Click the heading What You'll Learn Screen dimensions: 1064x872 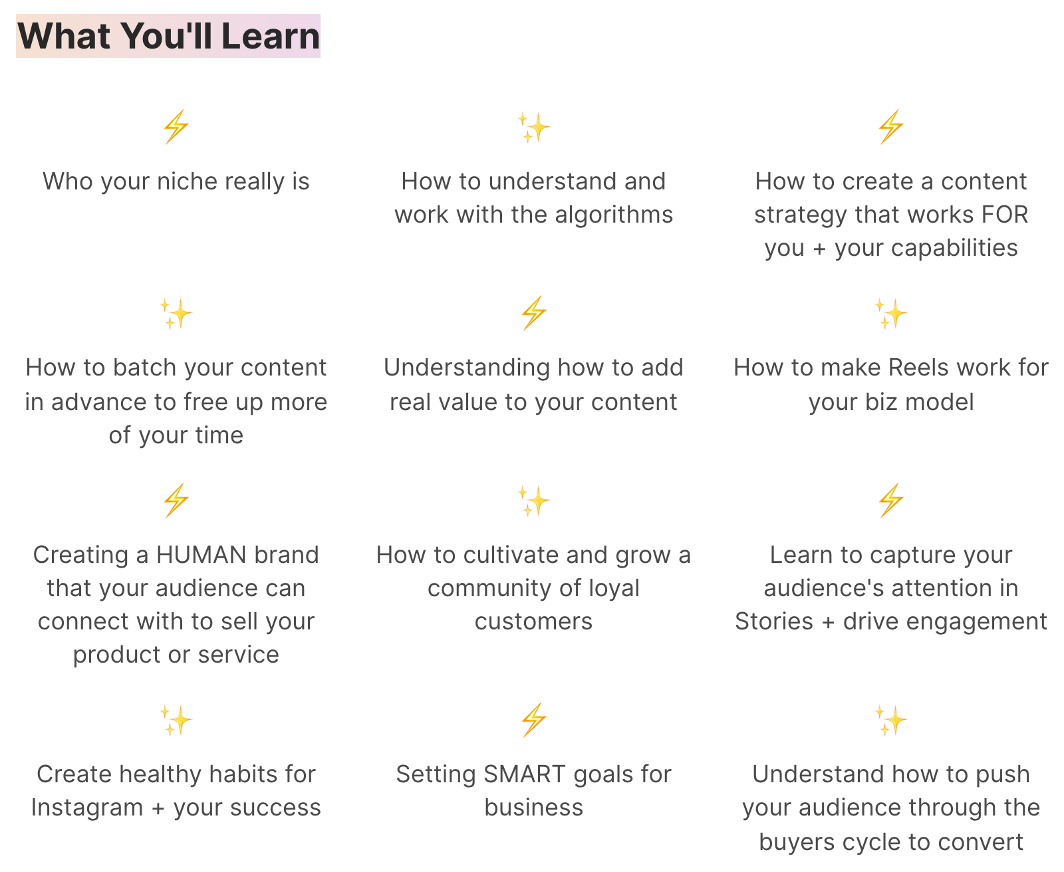click(168, 36)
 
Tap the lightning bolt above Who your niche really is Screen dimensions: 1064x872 click(176, 126)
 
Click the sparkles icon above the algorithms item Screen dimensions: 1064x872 click(533, 127)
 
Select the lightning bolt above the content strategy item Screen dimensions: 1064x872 click(891, 126)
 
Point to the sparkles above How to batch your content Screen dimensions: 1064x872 click(176, 313)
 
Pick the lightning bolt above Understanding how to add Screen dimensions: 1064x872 click(534, 312)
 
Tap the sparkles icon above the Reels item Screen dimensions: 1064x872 click(891, 313)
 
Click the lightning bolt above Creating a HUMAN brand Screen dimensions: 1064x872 click(176, 500)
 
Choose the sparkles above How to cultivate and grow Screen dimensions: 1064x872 click(533, 501)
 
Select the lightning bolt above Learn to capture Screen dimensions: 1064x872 click(891, 500)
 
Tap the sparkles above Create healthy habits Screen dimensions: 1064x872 click(176, 720)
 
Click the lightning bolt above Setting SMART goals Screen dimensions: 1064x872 click(534, 719)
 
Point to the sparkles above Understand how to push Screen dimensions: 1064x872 click(891, 720)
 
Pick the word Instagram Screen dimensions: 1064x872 click(86, 808)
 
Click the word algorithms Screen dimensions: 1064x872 click(614, 215)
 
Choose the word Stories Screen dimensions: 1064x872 click(773, 621)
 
